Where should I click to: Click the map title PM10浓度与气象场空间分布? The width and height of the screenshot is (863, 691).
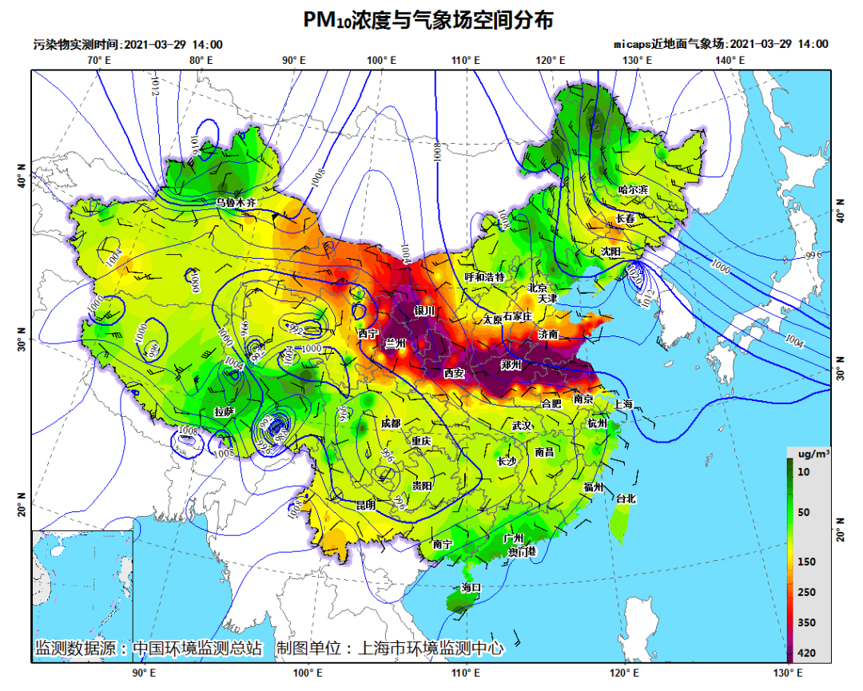428,19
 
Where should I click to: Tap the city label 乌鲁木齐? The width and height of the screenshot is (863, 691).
237,203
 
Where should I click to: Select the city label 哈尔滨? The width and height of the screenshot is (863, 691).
633,190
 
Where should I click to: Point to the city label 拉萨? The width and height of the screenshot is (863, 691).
225,411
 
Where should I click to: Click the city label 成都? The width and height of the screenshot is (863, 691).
391,423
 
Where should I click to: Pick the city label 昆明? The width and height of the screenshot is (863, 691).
365,505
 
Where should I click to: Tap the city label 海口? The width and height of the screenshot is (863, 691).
471,587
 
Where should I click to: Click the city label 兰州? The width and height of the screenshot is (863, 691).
396,343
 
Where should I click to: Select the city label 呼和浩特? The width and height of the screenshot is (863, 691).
485,277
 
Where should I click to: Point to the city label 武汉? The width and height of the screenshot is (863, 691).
522,426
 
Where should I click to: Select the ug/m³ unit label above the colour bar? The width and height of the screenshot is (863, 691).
809,453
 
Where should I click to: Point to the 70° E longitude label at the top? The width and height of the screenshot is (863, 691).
99,61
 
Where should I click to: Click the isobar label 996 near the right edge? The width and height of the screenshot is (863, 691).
813,255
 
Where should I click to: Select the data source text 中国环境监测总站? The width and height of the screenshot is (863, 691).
197,648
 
